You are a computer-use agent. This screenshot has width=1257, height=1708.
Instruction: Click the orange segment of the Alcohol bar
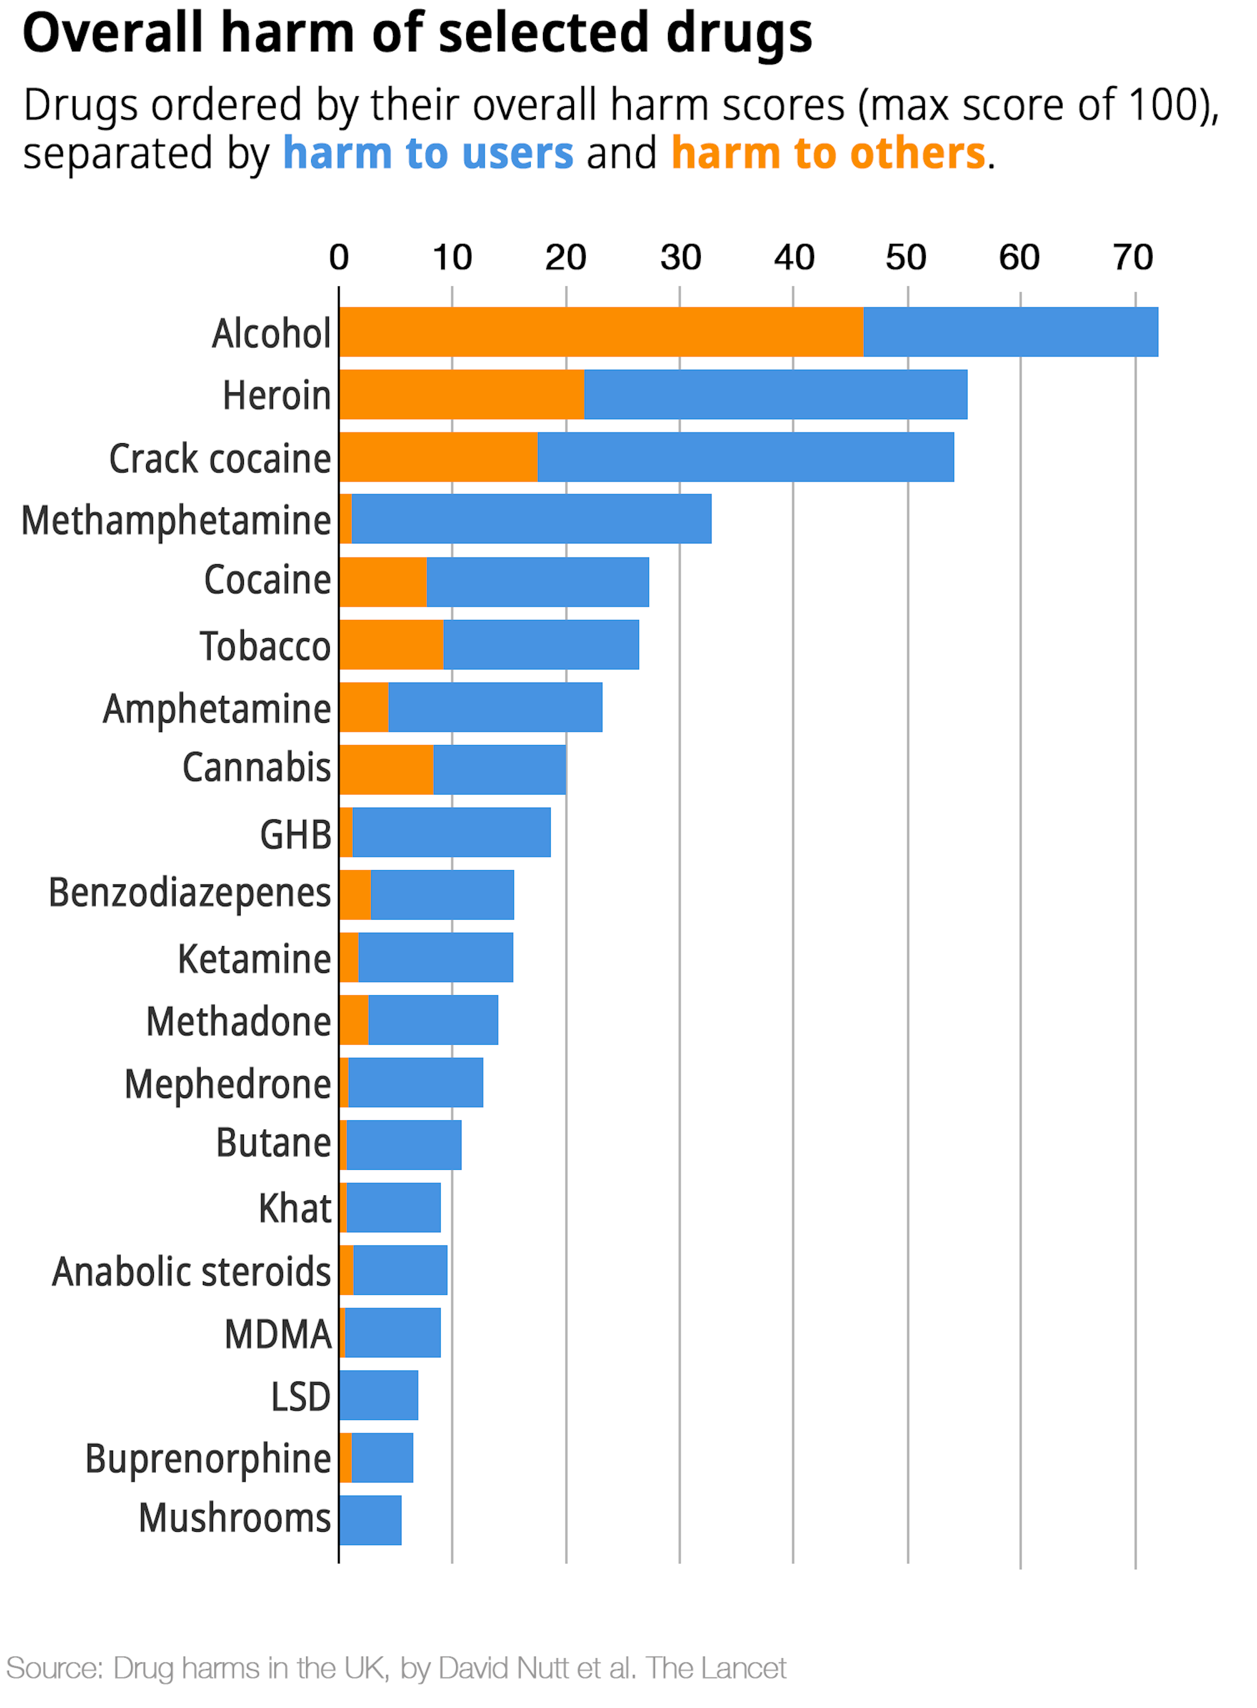coord(601,332)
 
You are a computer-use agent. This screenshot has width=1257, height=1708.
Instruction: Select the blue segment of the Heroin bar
coord(775,394)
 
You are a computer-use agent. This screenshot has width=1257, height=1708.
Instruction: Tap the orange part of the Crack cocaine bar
coord(438,456)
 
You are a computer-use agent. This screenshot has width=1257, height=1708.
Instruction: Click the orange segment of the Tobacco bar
coord(391,644)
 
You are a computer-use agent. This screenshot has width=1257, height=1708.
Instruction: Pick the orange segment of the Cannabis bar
coord(386,769)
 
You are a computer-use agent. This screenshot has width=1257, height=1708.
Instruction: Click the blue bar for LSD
coord(379,1394)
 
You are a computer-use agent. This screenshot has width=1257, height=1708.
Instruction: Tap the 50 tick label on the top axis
coord(905,258)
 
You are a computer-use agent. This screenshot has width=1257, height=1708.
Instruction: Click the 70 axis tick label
coord(1133,258)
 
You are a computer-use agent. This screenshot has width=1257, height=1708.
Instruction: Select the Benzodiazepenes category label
coord(189,893)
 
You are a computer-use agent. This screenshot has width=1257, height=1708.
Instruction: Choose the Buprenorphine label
coord(208,1458)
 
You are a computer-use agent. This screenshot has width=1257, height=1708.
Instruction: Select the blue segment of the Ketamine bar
coord(435,957)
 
